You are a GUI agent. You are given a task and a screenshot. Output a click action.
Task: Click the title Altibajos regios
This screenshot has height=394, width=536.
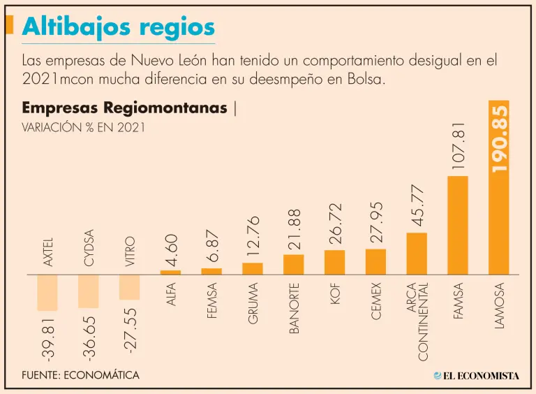pos(119,27)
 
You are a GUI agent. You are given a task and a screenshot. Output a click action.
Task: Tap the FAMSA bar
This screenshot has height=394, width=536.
pos(457,225)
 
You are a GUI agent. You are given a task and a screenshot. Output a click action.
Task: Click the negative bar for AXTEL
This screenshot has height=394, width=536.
pos(47,292)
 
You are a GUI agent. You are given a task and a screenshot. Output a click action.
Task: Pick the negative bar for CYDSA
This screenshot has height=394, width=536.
pos(89,291)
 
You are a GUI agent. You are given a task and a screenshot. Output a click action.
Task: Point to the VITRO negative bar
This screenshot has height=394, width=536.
pos(129,286)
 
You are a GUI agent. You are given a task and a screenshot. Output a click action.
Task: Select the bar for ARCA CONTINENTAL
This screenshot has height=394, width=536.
pos(417,253)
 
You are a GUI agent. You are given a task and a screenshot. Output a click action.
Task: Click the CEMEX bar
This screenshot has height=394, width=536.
pos(375,261)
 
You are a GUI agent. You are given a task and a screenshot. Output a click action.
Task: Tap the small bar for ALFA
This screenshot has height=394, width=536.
pos(170,272)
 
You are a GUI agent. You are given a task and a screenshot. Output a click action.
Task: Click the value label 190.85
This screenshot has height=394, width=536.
pos(498,138)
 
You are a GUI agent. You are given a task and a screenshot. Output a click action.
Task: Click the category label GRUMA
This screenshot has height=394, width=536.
pos(253,303)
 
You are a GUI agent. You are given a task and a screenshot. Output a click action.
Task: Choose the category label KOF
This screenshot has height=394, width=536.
pos(335,293)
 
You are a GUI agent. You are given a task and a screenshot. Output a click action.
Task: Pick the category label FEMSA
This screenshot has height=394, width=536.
pos(212,300)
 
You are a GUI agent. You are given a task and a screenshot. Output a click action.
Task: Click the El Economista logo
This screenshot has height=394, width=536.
pos(477,376)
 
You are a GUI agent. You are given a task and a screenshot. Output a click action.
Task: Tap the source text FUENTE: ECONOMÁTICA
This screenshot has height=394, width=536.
pos(80,375)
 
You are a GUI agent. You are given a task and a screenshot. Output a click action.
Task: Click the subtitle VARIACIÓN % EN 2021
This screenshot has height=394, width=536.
pos(83,128)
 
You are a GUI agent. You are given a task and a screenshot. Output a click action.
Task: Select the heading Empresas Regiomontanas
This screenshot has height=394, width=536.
pos(124,108)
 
